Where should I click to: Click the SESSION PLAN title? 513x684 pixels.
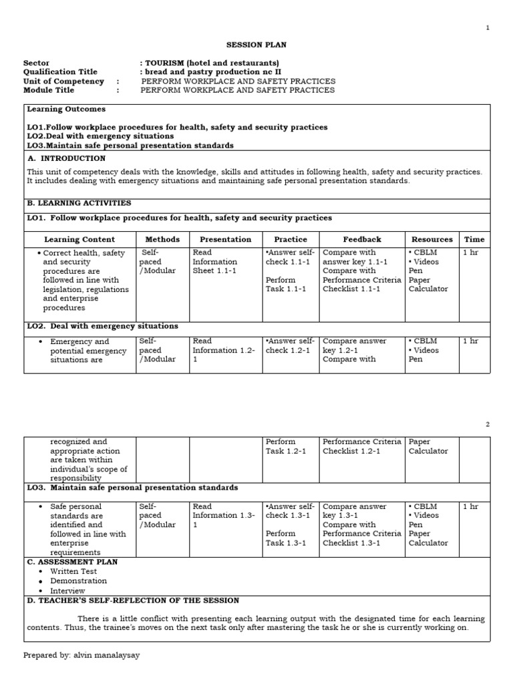[x=256, y=45]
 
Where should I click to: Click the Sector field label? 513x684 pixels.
[x=36, y=63]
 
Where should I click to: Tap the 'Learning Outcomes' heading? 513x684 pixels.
[x=66, y=109]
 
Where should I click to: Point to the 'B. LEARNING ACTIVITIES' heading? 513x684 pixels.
[x=79, y=202]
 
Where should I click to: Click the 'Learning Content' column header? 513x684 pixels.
[x=79, y=239]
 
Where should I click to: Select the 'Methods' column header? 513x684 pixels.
[x=162, y=239]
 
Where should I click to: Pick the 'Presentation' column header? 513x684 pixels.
[x=221, y=239]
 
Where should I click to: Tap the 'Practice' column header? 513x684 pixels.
[x=291, y=239]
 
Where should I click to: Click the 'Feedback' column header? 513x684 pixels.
[x=362, y=239]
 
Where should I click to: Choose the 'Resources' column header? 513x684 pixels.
[x=432, y=239]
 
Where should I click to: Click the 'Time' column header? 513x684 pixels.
[x=474, y=239]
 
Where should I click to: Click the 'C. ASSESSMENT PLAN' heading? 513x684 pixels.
[x=72, y=562]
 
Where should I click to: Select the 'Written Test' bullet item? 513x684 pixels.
[x=73, y=571]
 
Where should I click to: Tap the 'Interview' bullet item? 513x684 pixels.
[x=67, y=590]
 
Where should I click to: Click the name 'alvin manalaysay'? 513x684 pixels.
[x=105, y=655]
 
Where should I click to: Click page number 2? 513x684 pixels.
[x=488, y=424]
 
